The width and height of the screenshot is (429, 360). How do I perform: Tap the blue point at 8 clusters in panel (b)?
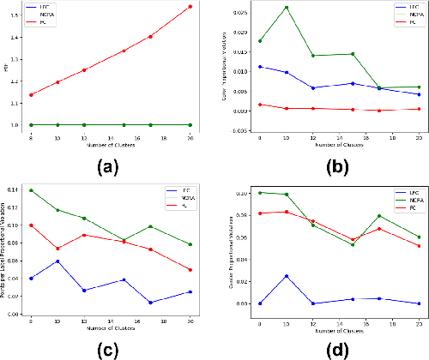[259, 67]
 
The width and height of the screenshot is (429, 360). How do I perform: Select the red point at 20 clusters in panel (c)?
[190, 270]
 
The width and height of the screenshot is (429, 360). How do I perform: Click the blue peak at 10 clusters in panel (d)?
[286, 276]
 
